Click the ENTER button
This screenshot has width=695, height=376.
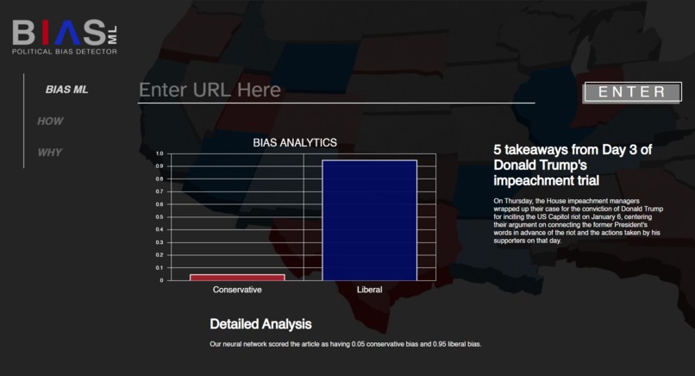pos(632,92)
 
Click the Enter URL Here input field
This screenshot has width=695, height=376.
pos(336,91)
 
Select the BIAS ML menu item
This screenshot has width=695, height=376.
pos(66,90)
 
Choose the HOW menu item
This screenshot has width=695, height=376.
pos(50,122)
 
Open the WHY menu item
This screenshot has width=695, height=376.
pos(50,153)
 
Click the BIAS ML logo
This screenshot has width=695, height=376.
pos(65,34)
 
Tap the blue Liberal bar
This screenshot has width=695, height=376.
pos(369,220)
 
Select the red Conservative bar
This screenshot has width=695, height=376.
pos(237,277)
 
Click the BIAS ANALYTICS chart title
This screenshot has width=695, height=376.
pos(294,142)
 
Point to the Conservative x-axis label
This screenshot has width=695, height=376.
pos(237,290)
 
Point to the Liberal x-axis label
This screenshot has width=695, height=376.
pos(369,290)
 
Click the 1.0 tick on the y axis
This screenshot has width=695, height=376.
pos(159,154)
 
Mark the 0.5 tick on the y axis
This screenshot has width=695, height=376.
pos(159,216)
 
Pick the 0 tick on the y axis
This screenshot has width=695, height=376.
pos(160,280)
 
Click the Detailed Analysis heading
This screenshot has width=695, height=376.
pos(260,324)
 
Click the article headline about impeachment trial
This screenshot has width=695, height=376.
pos(573,165)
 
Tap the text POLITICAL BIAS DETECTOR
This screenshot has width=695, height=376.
pos(64,52)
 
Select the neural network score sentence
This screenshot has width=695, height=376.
pos(345,344)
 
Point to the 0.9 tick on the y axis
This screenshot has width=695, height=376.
pos(159,166)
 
